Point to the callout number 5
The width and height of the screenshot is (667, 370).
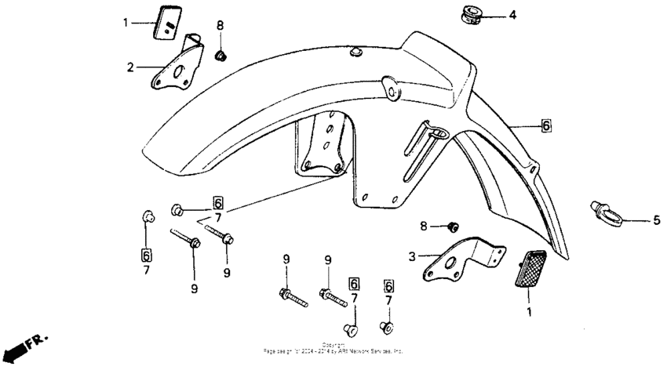656,221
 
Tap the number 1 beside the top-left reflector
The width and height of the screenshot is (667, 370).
124,23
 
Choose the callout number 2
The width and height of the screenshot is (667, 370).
131,67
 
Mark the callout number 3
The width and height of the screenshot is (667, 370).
410,256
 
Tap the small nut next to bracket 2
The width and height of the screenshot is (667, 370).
221,55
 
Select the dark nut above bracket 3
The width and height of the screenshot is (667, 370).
452,227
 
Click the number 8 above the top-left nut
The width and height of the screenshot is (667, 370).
220,25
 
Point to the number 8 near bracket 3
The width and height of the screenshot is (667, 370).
425,227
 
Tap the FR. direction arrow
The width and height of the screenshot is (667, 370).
24,346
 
